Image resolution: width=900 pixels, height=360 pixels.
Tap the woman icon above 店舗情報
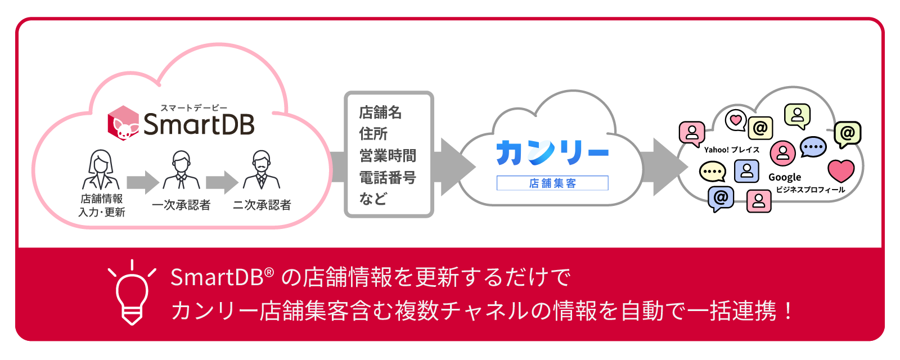(101, 170)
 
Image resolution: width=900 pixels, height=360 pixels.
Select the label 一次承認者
(181, 205)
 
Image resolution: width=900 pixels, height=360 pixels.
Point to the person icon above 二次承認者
(261, 170)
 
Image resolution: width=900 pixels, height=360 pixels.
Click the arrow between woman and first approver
(143, 182)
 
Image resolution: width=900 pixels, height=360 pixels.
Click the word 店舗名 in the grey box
(380, 112)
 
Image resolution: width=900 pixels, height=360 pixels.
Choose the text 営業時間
(388, 156)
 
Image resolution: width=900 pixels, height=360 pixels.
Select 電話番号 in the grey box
(388, 178)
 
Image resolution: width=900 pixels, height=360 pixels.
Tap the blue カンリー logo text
(552, 152)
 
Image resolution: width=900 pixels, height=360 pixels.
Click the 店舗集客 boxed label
(552, 183)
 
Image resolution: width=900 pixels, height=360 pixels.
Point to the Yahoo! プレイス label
(732, 150)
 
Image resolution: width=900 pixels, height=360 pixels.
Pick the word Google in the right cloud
(785, 177)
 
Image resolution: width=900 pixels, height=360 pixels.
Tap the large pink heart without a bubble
(841, 170)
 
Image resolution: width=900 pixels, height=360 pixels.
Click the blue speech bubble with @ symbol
(721, 199)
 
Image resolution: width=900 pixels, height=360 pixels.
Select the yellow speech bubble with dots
(712, 171)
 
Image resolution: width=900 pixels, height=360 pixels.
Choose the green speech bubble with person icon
(797, 115)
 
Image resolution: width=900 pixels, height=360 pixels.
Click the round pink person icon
(782, 152)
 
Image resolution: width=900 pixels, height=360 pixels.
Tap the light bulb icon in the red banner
(132, 292)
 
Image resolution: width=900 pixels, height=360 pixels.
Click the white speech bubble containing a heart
(735, 120)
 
